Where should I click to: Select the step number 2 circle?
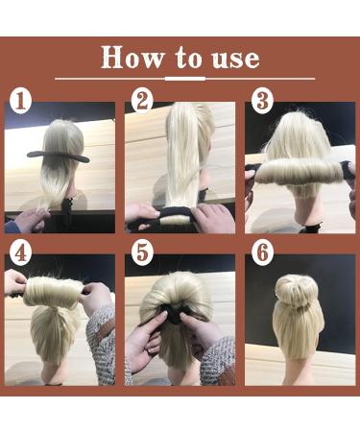tap(143, 99)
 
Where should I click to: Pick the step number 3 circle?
tap(260, 99)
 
